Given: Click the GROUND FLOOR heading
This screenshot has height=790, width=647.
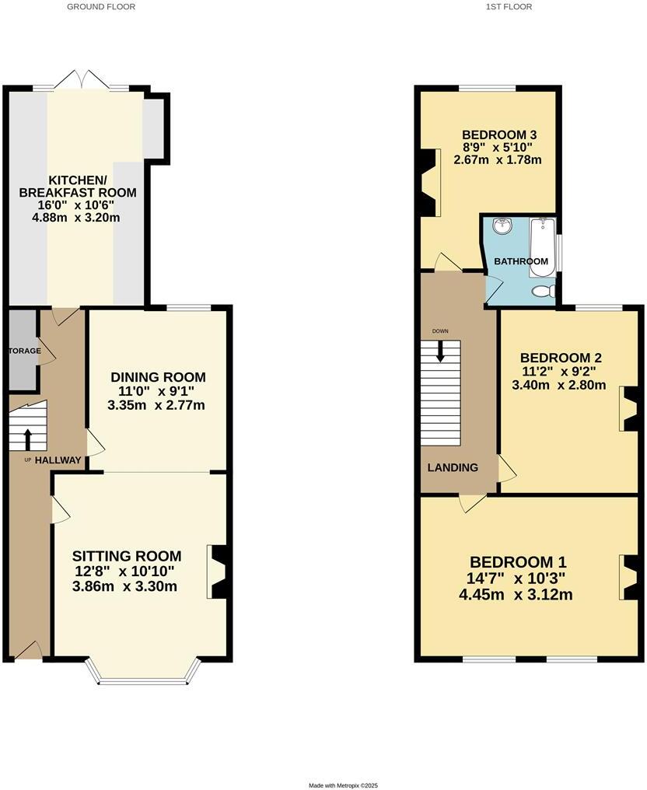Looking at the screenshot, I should (x=101, y=7).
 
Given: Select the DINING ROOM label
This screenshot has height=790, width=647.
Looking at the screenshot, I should (x=158, y=378).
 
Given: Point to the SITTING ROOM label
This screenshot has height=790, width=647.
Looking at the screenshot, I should (x=127, y=556).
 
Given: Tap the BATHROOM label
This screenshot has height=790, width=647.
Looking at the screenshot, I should (x=521, y=261).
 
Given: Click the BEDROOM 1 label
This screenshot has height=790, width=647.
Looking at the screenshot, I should (x=518, y=562).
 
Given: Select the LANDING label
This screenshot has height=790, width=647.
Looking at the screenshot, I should (x=452, y=467).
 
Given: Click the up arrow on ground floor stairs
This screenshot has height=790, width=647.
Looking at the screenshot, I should (x=28, y=439).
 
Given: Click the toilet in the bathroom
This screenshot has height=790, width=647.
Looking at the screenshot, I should (x=542, y=292).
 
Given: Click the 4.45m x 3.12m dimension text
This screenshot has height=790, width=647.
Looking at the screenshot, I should (x=516, y=596).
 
